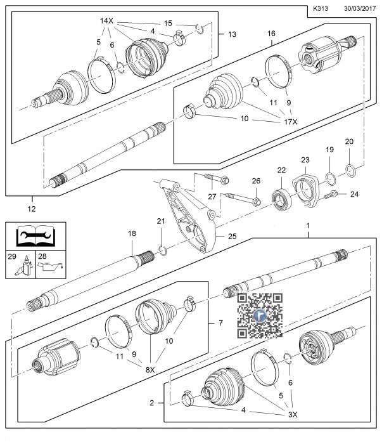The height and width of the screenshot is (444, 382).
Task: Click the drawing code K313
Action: (x=322, y=9)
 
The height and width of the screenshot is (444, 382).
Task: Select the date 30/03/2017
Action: (x=360, y=9)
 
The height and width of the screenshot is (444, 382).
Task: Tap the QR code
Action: (x=259, y=316)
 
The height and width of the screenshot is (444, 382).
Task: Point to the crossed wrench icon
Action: (x=29, y=240)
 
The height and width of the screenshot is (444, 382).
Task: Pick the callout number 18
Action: (x=132, y=234)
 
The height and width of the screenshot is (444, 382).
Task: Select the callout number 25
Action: (x=232, y=236)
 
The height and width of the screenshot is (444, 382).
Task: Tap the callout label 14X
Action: (x=105, y=20)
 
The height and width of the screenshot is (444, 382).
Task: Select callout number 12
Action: (x=32, y=204)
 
